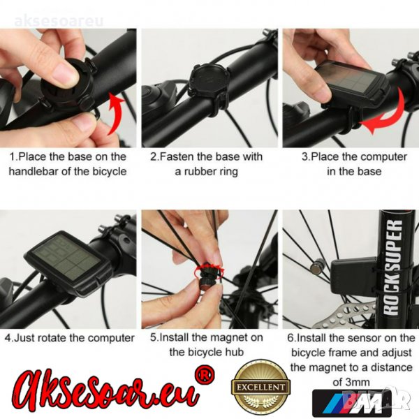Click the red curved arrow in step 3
[385, 117]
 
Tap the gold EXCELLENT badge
[260, 387]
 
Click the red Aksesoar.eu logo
[105, 392]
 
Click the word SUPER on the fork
[392, 244]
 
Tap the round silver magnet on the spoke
[316, 267]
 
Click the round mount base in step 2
[209, 78]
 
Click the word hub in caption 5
[235, 352]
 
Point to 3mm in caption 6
[358, 382]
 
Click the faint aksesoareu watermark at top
[59, 21]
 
